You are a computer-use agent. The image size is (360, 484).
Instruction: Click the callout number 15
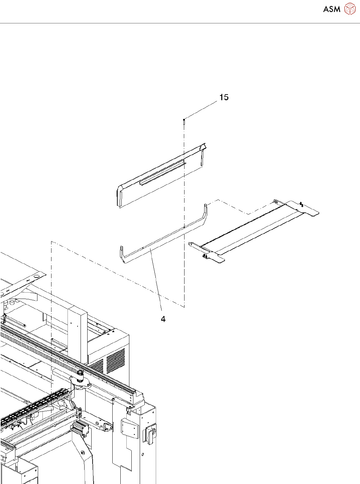point(224,97)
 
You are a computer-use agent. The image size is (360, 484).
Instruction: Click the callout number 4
point(163,319)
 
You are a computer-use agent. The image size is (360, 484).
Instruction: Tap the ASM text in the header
point(332,9)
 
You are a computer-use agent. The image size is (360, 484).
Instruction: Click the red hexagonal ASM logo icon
point(350,9)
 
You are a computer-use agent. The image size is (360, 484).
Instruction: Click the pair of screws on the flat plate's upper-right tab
point(302,204)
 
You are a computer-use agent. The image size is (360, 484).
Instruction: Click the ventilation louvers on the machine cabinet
point(115,361)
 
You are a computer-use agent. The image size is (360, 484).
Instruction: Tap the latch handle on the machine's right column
point(150,434)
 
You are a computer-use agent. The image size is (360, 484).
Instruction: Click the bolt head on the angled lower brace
point(82,453)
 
